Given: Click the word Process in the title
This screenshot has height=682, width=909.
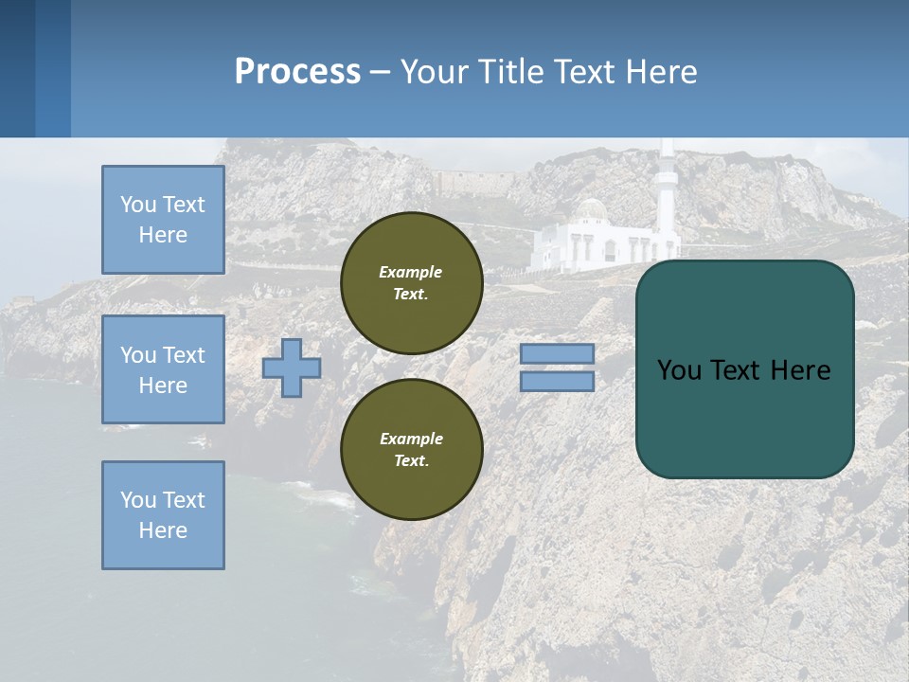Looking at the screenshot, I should (297, 71).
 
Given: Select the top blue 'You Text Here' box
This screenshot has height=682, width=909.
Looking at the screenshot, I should (163, 220).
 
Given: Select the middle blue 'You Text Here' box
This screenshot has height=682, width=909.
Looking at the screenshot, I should (163, 369).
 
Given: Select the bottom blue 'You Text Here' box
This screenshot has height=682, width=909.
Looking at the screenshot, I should (163, 515).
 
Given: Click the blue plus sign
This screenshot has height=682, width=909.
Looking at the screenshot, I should (292, 368).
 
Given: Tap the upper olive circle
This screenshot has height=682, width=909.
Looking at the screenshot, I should (412, 283).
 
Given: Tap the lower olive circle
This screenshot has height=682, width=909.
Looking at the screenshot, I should (412, 450).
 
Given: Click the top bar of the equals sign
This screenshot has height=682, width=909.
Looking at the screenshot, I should (557, 353).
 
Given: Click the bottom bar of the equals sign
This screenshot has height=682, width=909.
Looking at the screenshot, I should (557, 381).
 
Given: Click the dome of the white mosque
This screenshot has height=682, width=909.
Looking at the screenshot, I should (592, 208).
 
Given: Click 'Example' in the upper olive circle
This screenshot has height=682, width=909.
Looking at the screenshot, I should (411, 272).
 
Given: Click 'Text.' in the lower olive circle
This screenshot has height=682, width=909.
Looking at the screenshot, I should (411, 460).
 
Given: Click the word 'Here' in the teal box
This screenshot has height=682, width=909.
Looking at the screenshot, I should (800, 369).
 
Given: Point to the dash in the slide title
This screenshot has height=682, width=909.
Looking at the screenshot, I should (381, 72).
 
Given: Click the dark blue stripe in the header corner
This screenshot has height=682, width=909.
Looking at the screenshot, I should (17, 68).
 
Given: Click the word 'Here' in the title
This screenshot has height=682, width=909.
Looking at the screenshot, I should (662, 71).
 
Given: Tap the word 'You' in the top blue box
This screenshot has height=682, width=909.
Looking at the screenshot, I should (138, 205).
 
